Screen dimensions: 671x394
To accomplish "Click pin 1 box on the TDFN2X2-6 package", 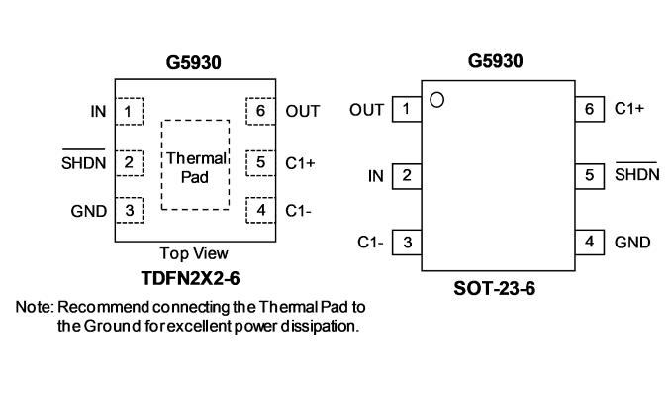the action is [x=130, y=111].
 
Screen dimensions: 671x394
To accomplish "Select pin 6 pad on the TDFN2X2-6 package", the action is [x=260, y=111].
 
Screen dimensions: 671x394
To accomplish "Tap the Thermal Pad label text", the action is [x=196, y=168].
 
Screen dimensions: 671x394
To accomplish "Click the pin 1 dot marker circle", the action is [x=436, y=100].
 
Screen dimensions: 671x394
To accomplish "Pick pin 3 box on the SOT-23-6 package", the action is [x=407, y=243].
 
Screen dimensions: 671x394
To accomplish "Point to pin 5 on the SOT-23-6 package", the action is [x=590, y=175].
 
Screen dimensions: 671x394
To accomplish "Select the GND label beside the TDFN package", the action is [x=89, y=211].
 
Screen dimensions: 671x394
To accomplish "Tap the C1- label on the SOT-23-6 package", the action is [x=370, y=243].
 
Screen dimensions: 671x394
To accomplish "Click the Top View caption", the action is [x=194, y=253].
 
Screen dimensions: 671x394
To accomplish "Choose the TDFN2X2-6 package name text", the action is [x=190, y=279].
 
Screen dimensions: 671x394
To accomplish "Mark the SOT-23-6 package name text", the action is [x=494, y=289].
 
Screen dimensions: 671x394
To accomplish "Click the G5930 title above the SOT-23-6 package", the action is [x=495, y=61].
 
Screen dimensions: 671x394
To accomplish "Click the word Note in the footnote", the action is [x=35, y=307].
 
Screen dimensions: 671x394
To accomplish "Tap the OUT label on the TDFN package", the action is [x=303, y=111].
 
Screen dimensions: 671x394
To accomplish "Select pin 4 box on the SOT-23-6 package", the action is [x=590, y=243].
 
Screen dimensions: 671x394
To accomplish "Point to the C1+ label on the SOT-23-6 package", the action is [x=629, y=108].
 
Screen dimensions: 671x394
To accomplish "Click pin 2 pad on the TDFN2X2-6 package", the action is [x=130, y=162].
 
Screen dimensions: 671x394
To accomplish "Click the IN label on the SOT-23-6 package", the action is [x=376, y=176].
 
